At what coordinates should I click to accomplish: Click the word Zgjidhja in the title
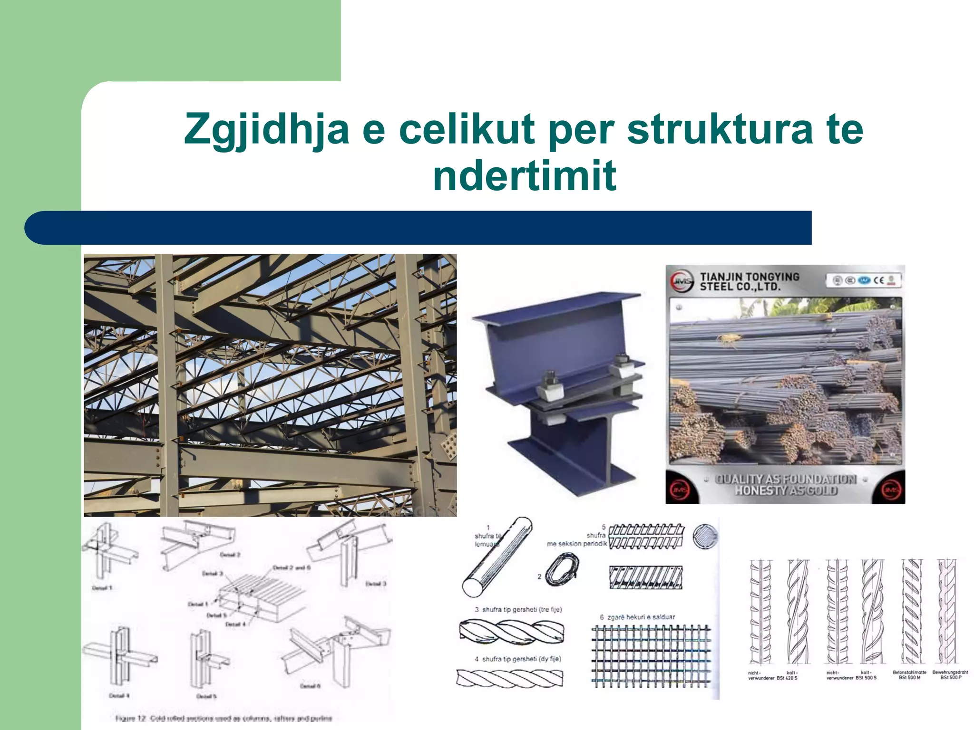pos(266,129)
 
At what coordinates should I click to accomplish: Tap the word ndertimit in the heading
pos(524,176)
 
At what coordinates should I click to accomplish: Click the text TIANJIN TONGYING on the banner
pos(750,277)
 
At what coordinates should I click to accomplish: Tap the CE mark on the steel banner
pos(878,280)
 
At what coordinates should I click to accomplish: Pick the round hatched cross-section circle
pos(705,537)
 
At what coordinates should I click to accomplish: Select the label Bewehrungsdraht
pos(950,672)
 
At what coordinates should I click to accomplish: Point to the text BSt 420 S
pos(787,678)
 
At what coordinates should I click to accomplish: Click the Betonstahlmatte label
pos(909,672)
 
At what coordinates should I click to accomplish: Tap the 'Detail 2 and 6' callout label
pos(291,567)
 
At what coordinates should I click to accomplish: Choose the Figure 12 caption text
pos(224,718)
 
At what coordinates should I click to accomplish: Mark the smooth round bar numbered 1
pos(497,557)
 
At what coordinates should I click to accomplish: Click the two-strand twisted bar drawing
pos(510,678)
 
